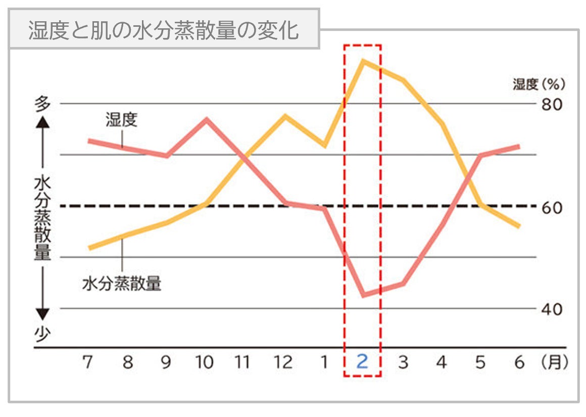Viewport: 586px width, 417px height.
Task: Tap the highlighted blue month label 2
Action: [362, 362]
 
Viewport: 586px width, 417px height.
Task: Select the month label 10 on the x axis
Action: [205, 362]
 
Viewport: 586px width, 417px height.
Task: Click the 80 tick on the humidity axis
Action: [552, 104]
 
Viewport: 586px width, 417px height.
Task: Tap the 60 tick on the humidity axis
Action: [552, 207]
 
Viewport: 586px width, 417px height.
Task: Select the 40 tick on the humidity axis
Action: [552, 309]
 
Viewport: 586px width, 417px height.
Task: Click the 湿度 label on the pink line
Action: [121, 120]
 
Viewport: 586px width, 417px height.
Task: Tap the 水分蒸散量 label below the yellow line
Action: [121, 283]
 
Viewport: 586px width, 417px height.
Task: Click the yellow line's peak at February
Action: [363, 61]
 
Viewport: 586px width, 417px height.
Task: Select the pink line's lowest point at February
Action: [363, 295]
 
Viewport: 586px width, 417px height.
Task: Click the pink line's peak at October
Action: [207, 119]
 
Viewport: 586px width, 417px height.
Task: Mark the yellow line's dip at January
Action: [324, 146]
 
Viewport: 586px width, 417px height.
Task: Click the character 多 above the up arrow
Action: [43, 104]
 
